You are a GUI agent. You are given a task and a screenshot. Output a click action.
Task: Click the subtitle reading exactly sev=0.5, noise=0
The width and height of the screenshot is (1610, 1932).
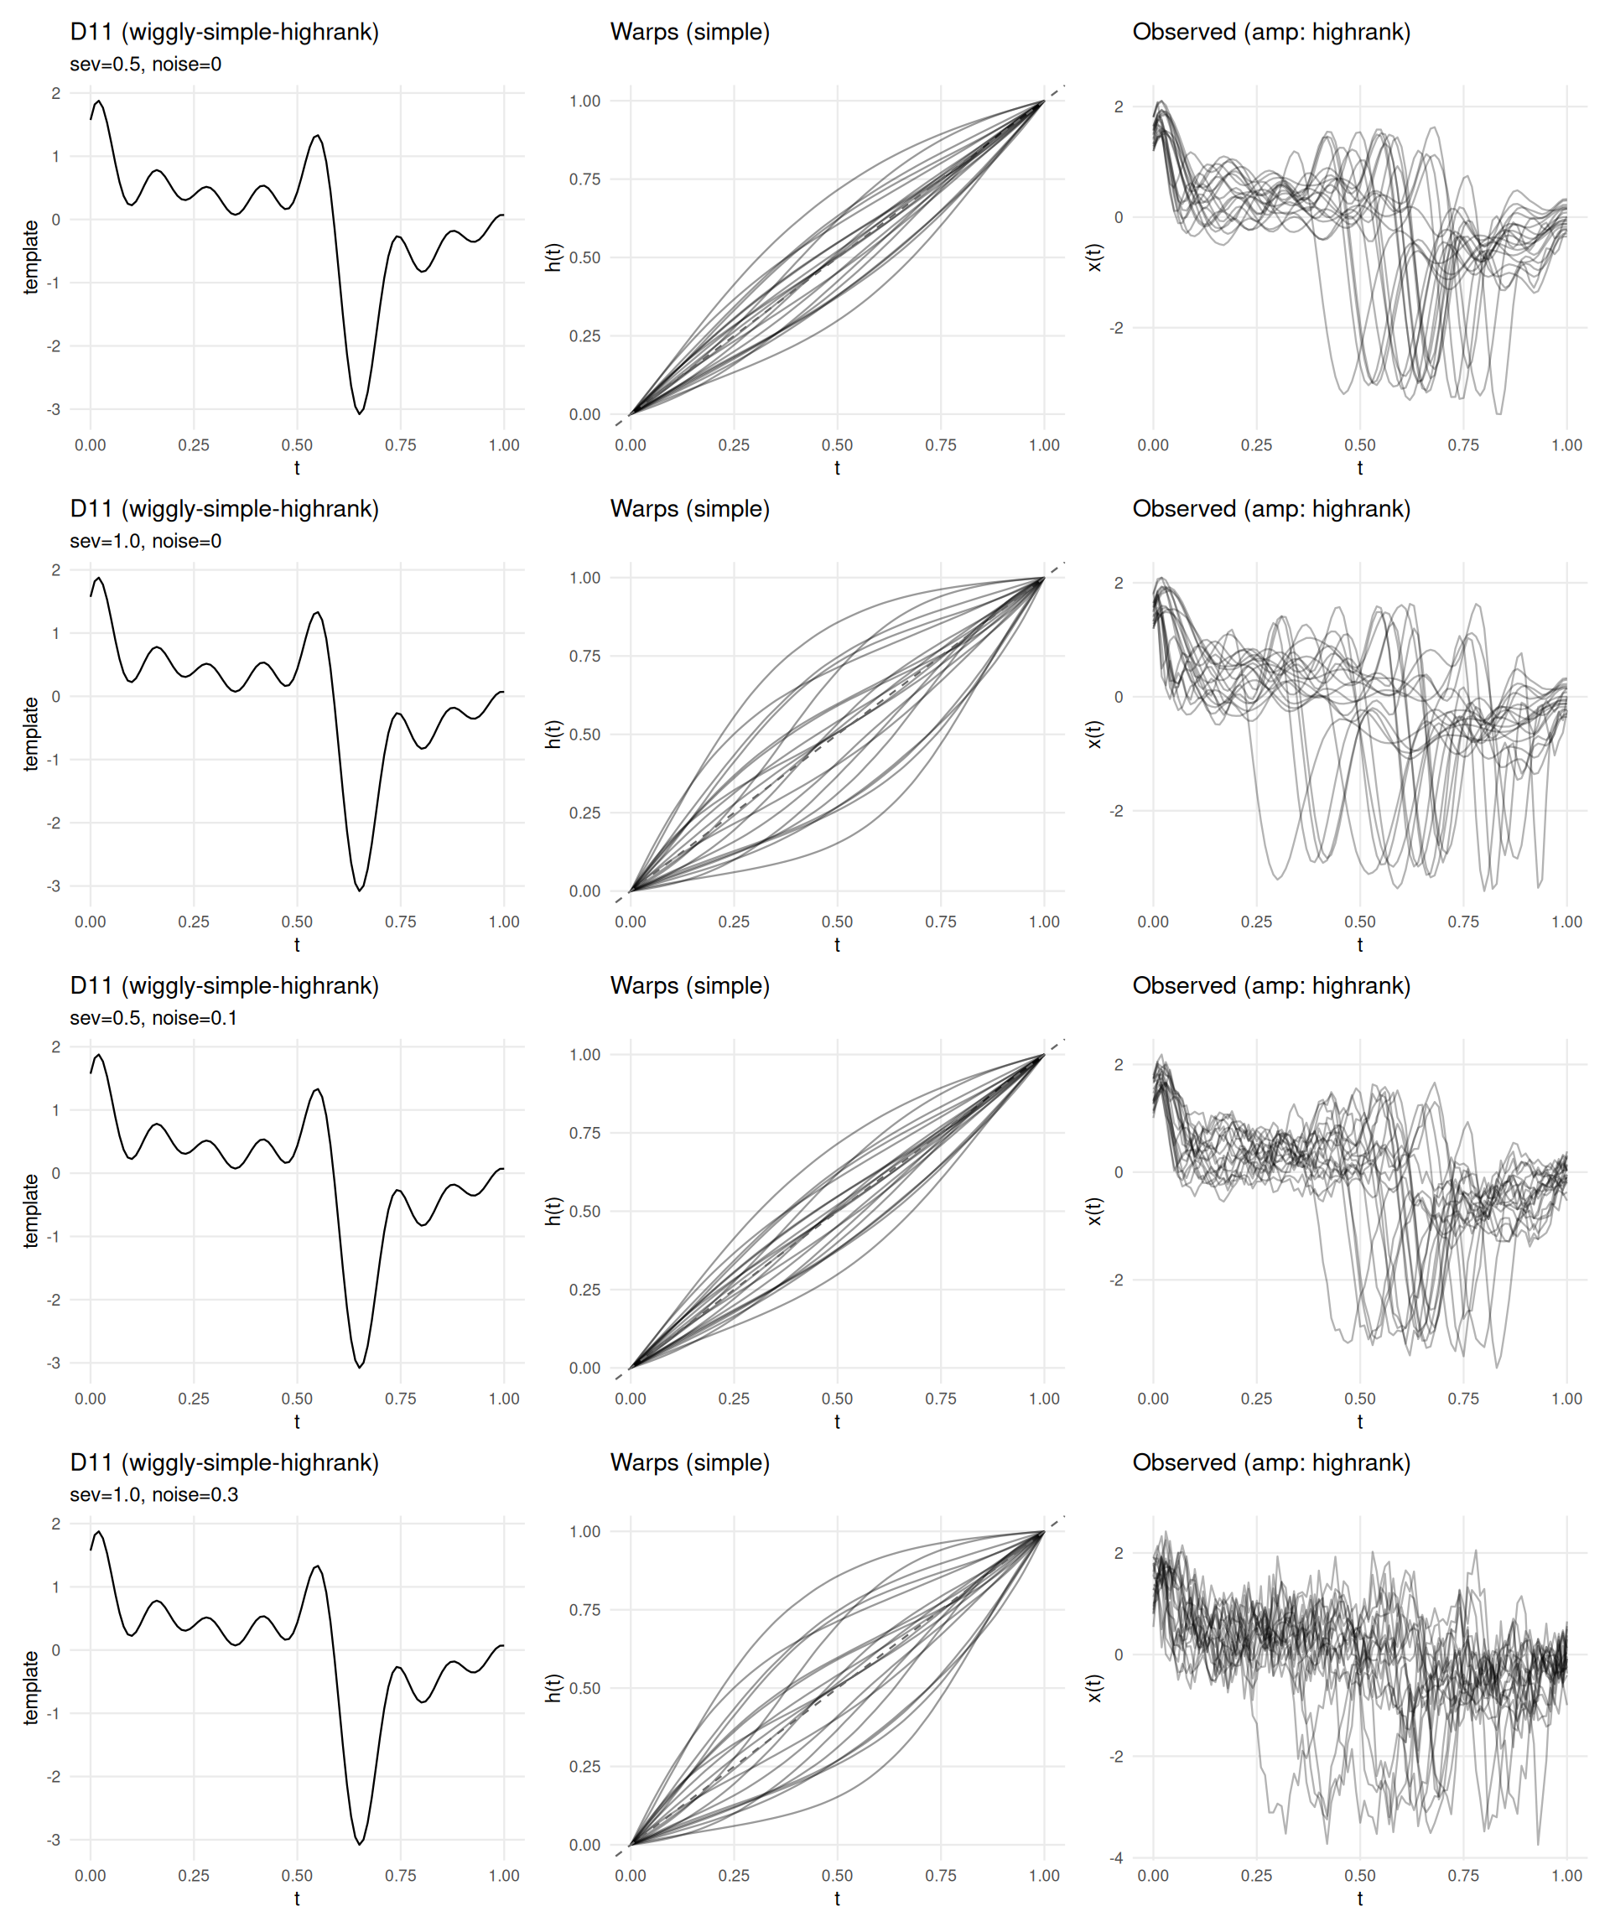(145, 65)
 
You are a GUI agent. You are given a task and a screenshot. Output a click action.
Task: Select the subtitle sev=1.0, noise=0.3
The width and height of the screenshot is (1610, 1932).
(153, 1495)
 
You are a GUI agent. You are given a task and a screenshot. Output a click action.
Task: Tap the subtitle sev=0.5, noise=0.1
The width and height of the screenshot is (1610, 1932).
(153, 1019)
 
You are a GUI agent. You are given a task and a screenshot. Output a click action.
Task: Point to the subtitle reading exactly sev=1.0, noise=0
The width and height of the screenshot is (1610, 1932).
(145, 541)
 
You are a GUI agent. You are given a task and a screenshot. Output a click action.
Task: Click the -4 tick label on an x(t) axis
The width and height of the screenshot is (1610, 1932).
(1116, 1857)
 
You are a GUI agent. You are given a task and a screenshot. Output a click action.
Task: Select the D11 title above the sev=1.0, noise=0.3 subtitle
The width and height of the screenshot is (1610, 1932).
(225, 1462)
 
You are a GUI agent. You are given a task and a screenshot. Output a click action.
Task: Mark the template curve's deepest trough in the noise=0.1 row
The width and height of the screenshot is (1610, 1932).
(360, 1367)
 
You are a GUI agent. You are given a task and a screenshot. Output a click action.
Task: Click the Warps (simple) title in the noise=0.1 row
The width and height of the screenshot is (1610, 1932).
(690, 986)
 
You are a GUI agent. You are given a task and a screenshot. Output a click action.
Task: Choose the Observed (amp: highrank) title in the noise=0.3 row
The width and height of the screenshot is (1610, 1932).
(1271, 1462)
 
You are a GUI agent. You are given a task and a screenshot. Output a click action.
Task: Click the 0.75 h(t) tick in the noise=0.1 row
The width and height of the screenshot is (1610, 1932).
(584, 1134)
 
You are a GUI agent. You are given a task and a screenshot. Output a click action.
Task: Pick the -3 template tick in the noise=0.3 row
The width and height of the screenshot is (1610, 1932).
(54, 1840)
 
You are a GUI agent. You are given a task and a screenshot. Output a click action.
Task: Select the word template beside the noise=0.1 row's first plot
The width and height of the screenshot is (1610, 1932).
(31, 1211)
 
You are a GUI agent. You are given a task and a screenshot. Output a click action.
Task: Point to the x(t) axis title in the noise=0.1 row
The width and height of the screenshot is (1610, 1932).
(1094, 1211)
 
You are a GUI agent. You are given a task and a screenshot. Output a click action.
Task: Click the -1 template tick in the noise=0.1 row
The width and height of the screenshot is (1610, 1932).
(54, 1237)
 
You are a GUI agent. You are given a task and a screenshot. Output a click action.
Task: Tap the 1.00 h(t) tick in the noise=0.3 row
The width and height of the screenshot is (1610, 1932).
(584, 1532)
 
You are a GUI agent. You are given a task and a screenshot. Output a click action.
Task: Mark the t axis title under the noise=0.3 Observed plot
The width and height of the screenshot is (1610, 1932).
(1360, 1898)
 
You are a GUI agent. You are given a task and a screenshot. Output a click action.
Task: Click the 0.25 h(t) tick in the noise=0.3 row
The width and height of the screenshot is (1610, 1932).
(584, 1767)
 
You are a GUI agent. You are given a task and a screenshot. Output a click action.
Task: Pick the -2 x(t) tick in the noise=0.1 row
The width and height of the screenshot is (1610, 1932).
(1116, 1280)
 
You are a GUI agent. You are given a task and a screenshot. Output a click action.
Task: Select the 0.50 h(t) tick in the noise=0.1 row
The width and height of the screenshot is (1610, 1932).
(584, 1212)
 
